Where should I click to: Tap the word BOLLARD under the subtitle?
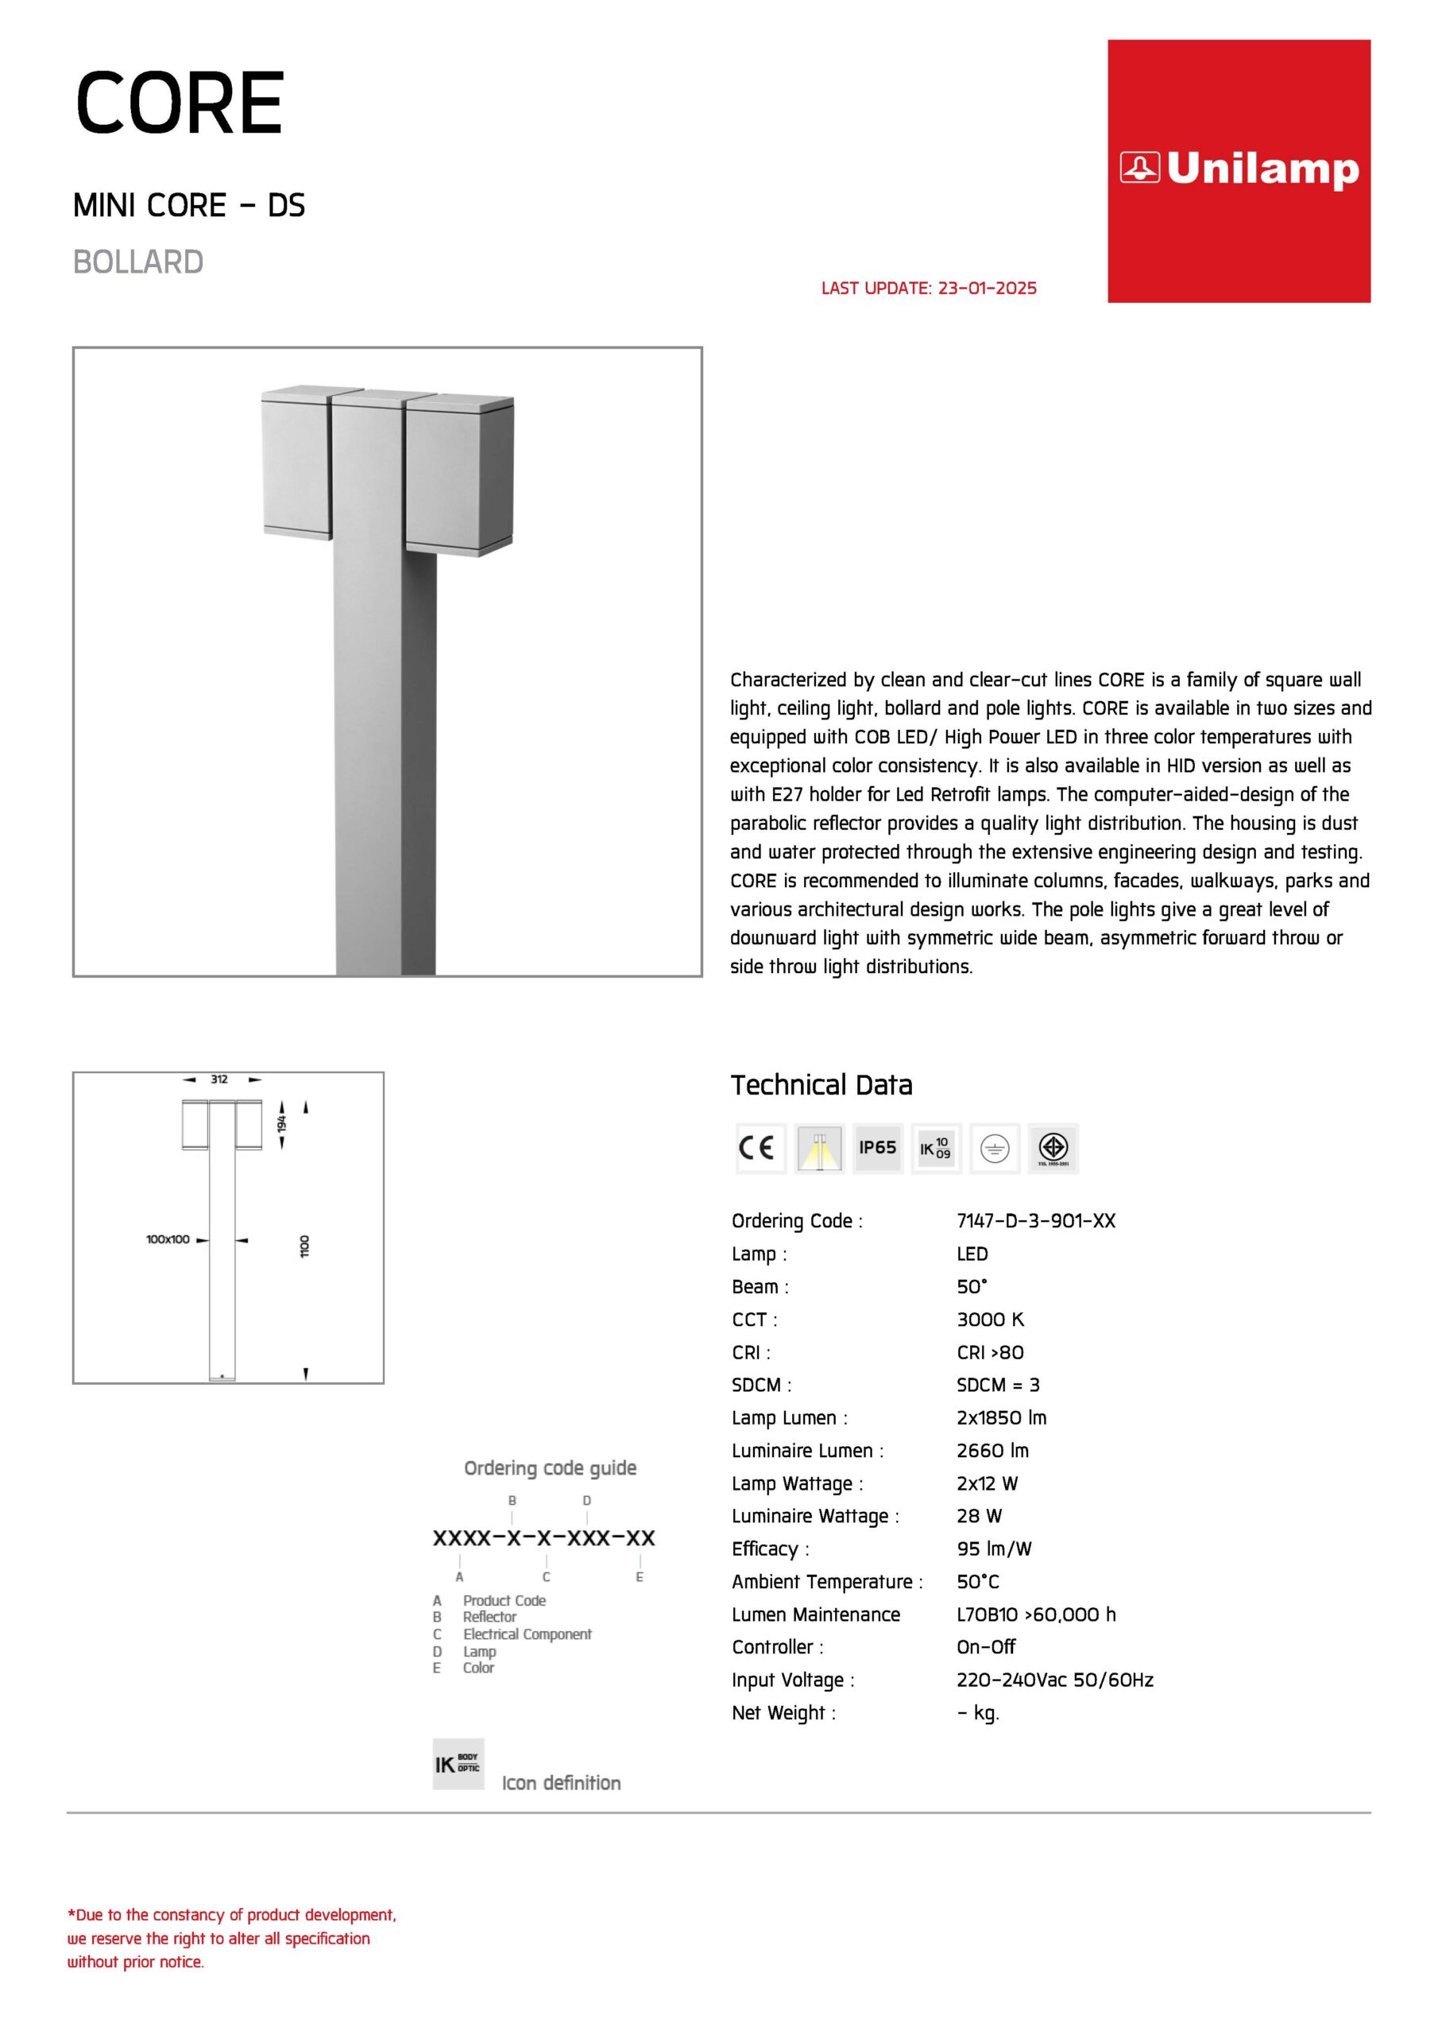(x=138, y=262)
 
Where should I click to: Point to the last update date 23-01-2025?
(x=987, y=288)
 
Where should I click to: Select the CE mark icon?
(x=760, y=1148)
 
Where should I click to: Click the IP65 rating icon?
(x=877, y=1148)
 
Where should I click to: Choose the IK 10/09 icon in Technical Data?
(x=936, y=1148)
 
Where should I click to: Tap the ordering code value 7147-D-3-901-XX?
(x=1036, y=1220)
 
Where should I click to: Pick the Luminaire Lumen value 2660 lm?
(x=992, y=1450)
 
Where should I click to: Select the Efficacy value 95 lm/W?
(x=994, y=1549)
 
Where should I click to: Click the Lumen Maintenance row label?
(x=815, y=1614)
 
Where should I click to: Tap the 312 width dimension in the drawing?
(x=218, y=1080)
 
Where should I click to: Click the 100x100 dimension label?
(x=168, y=1239)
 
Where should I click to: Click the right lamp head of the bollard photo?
(x=458, y=476)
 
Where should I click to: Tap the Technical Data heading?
(x=821, y=1085)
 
